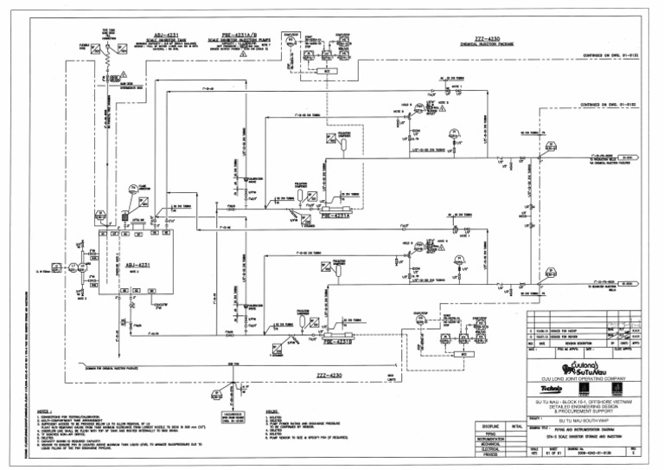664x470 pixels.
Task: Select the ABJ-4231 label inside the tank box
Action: (x=137, y=265)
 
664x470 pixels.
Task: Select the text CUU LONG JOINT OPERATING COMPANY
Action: (x=591, y=378)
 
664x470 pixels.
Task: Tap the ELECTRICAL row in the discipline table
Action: (x=490, y=451)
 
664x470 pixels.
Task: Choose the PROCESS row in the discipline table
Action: (x=490, y=457)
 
